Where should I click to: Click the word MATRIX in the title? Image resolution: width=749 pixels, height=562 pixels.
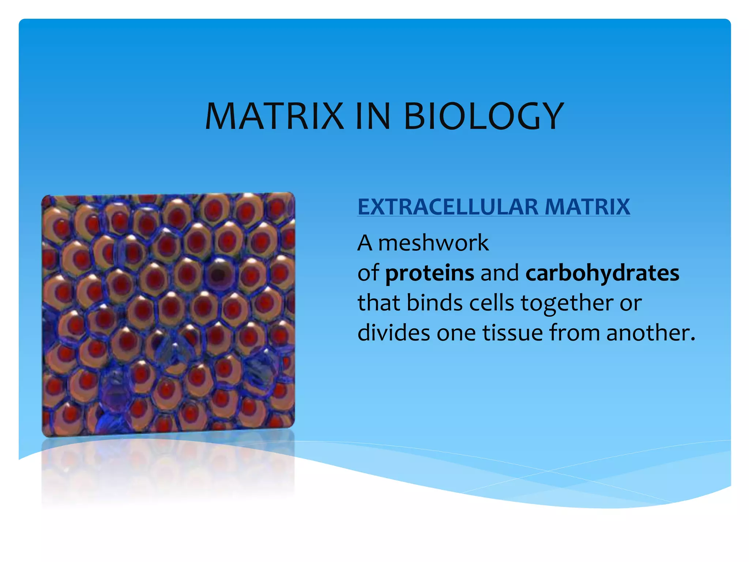point(274,116)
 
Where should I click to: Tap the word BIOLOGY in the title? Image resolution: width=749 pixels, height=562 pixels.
point(483,116)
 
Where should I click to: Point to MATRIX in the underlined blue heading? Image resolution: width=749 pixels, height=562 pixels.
point(587,207)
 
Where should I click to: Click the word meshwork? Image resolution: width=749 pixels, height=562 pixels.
point(433,243)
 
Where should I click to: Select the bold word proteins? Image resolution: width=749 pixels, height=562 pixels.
point(429,274)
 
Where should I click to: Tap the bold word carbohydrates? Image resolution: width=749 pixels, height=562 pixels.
point(602,273)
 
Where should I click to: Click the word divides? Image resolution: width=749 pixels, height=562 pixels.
point(394,333)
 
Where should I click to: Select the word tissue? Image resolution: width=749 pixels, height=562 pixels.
point(512,333)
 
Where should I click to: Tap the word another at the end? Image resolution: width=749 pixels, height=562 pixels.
point(650,333)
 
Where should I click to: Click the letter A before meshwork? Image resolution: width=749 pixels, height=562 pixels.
point(365,243)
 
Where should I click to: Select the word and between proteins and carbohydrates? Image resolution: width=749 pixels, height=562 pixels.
point(500,273)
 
